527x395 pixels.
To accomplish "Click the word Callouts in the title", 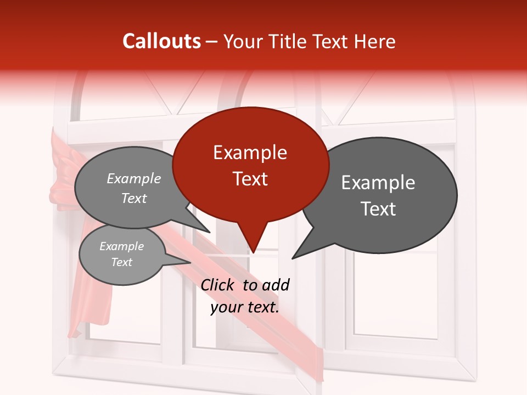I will point(161,41).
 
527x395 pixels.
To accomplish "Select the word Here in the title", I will point(375,41).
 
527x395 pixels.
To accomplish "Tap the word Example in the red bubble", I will point(250,153).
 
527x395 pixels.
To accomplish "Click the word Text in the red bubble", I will point(250,179).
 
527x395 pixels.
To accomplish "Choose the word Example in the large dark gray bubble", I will point(378,183).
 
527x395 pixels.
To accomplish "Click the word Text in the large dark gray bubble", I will point(378,209).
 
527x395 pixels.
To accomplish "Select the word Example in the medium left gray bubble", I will point(134,178).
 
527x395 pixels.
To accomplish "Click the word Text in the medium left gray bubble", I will point(134,198).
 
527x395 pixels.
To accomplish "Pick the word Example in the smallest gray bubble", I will point(121,246).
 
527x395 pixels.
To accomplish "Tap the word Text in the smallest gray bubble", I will point(121,262).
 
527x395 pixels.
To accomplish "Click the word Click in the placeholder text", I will point(218,285).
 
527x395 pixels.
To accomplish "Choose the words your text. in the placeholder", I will point(245,307).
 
